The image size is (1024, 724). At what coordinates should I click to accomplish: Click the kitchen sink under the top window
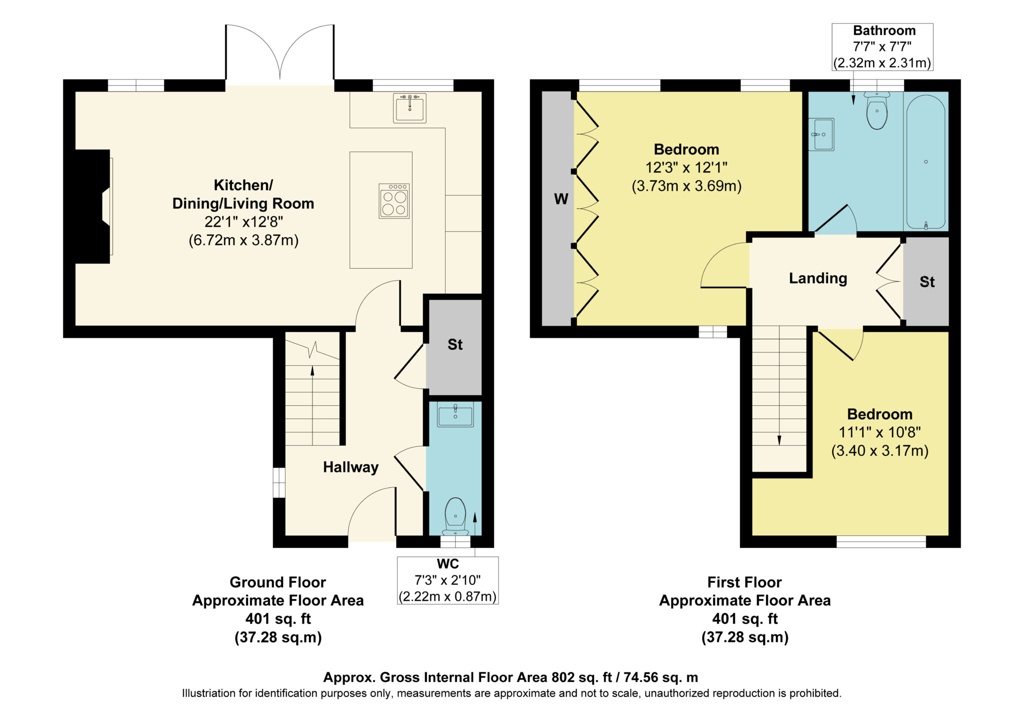pyautogui.click(x=409, y=108)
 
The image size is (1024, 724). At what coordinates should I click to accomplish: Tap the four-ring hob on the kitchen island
pyautogui.click(x=394, y=201)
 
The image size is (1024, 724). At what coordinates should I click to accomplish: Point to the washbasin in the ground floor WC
pyautogui.click(x=455, y=415)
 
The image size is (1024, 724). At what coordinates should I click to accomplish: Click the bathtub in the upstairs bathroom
pyautogui.click(x=925, y=162)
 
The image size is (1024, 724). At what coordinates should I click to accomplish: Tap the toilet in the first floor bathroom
pyautogui.click(x=877, y=111)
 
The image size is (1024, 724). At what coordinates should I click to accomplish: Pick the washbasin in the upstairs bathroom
pyautogui.click(x=821, y=134)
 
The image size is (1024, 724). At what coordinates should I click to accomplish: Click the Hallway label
pyautogui.click(x=350, y=467)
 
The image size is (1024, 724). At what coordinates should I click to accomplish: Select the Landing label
pyautogui.click(x=818, y=278)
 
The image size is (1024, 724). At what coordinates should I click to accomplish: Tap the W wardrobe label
pyautogui.click(x=561, y=199)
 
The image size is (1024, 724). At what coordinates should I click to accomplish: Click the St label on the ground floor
pyautogui.click(x=455, y=344)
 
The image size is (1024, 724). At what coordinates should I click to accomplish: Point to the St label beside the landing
pyautogui.click(x=927, y=282)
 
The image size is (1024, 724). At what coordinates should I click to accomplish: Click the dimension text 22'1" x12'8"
pyautogui.click(x=243, y=222)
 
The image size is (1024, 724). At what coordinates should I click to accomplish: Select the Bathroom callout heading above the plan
pyautogui.click(x=884, y=31)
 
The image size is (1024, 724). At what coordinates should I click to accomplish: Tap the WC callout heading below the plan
pyautogui.click(x=447, y=564)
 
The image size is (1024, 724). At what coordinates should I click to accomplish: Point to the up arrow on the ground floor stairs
pyautogui.click(x=312, y=406)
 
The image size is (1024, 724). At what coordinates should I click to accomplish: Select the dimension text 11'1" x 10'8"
pyautogui.click(x=879, y=432)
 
